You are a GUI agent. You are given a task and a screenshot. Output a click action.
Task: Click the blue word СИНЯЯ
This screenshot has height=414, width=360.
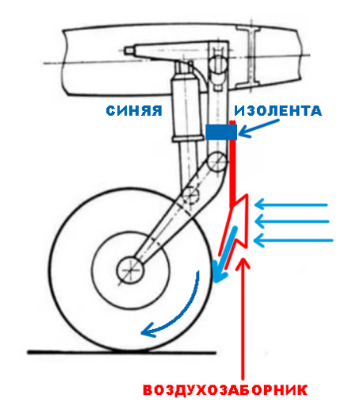point(134,110)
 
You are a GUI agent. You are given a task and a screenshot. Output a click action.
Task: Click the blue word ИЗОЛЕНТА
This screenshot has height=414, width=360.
point(278,110)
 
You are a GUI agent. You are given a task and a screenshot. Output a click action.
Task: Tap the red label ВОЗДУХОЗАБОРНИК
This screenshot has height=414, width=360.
point(225,390)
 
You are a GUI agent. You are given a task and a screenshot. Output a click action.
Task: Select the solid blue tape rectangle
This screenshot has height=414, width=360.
point(221,132)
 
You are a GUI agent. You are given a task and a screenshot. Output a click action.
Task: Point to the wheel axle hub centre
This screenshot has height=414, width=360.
point(130,270)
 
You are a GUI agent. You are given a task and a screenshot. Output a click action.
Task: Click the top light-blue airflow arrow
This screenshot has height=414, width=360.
point(291,205)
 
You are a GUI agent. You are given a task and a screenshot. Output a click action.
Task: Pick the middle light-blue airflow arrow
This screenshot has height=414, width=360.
point(292,221)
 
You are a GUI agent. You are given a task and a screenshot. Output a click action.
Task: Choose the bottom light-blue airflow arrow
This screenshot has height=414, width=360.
point(293,240)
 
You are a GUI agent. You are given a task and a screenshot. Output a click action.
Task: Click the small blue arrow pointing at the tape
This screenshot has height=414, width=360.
point(259,128)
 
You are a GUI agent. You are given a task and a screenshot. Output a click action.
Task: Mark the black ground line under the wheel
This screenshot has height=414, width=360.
point(121,352)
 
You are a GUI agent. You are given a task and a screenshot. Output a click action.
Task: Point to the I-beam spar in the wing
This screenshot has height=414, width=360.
point(251,57)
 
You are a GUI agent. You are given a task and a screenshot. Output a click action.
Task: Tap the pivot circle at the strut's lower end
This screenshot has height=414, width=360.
point(216,162)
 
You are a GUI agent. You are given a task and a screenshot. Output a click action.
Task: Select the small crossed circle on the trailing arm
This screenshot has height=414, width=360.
point(191,195)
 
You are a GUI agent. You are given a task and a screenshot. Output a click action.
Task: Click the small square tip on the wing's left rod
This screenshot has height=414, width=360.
point(128,50)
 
